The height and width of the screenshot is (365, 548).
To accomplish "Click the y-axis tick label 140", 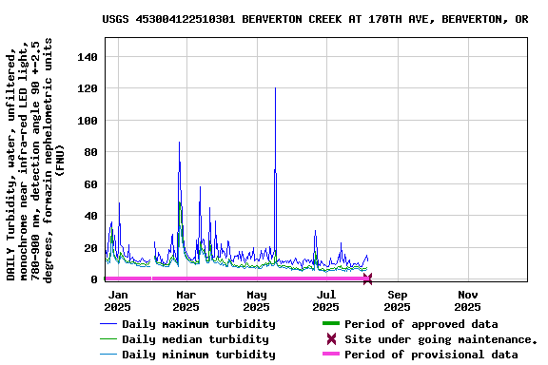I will [x=87, y=58].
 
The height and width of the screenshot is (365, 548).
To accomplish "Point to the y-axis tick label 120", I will [x=87, y=89].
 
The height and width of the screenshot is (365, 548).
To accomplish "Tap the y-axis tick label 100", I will [x=87, y=121].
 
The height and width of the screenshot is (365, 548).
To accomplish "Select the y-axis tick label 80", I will [x=90, y=153].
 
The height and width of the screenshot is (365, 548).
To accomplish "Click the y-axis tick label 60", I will [x=90, y=184].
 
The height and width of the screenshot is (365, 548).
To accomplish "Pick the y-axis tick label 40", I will [x=90, y=216].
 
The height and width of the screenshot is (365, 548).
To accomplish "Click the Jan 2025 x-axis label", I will [x=117, y=300].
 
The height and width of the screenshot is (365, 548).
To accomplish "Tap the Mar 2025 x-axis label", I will [x=187, y=300].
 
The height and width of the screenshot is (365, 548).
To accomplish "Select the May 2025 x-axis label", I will [x=257, y=300].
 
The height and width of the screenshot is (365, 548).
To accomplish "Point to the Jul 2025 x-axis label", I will [x=326, y=300].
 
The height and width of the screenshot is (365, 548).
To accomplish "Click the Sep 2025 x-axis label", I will [x=397, y=300].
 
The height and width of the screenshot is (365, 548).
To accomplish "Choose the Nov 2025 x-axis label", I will [x=467, y=300].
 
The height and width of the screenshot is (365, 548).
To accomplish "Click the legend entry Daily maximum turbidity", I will [x=198, y=324].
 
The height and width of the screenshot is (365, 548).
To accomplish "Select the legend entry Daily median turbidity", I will [x=194, y=339].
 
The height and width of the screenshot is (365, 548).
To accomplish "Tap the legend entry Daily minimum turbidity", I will [x=198, y=355].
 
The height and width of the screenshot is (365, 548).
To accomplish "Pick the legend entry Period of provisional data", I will [x=430, y=355].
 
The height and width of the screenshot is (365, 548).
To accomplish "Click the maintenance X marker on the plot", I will [x=367, y=279].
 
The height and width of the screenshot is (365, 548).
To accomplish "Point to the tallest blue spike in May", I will [x=275, y=89].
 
